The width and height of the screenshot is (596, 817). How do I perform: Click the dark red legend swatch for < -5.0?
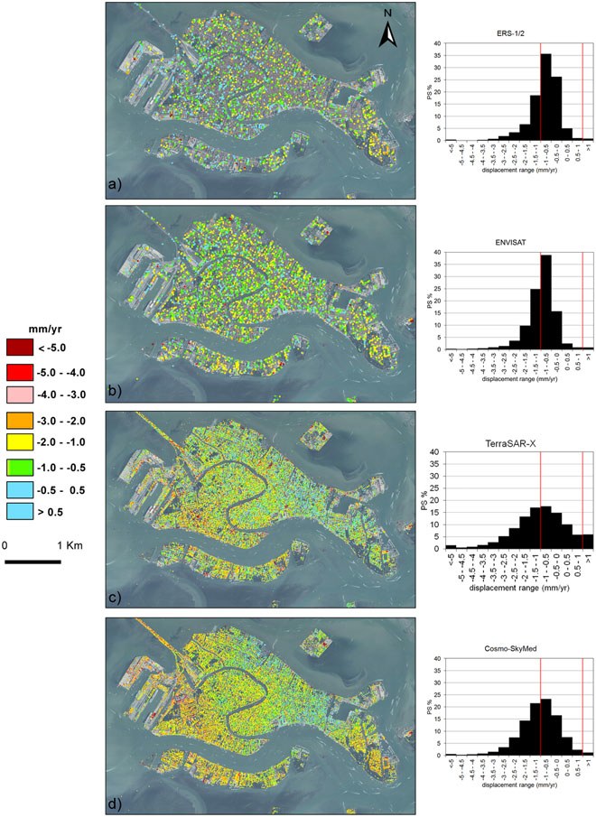pyautogui.click(x=19, y=347)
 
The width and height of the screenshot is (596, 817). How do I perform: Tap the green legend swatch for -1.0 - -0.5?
pyautogui.click(x=19, y=466)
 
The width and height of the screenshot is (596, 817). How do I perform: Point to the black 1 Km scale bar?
pyautogui.click(x=33, y=562)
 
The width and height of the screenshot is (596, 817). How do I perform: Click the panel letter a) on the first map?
pyautogui.click(x=114, y=187)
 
